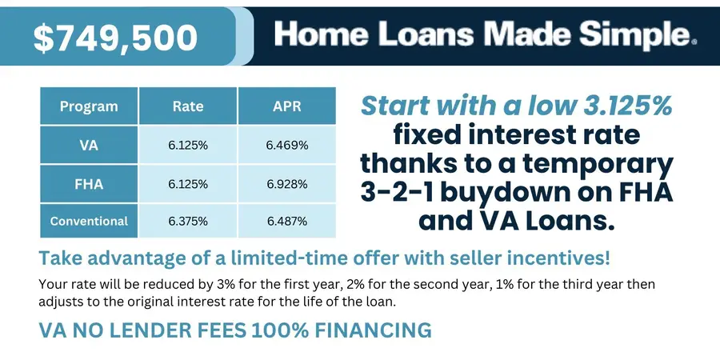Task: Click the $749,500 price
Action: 115,38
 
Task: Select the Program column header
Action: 89,106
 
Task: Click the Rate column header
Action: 188,106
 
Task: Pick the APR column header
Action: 287,106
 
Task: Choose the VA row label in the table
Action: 89,146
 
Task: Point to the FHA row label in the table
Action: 89,184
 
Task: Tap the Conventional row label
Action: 89,221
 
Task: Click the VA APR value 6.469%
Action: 287,146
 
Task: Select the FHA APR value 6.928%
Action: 287,184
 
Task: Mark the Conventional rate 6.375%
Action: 188,221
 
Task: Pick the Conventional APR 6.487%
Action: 287,221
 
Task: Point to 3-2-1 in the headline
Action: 396,194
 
